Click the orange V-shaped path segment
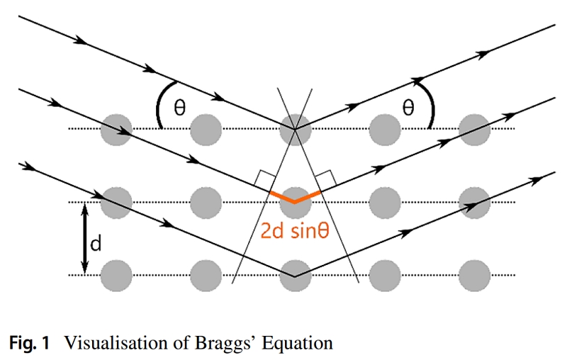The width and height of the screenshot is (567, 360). click(x=295, y=196)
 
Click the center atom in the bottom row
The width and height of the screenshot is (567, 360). click(x=295, y=274)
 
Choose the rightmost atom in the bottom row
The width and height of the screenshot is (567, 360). click(x=474, y=274)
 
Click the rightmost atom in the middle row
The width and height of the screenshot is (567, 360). click(x=474, y=201)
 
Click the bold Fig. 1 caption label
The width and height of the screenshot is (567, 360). click(x=30, y=344)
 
